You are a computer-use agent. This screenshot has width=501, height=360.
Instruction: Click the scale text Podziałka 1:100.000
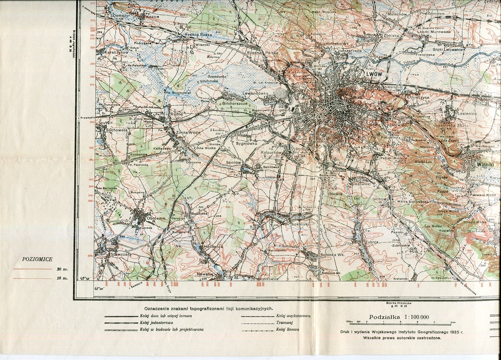[399, 317]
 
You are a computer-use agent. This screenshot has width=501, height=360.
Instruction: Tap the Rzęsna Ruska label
[198, 35]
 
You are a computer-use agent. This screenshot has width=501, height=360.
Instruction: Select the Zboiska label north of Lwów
[392, 36]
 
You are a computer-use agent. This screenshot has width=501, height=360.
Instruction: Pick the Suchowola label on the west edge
[116, 131]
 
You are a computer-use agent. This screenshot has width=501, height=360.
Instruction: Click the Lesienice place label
[467, 113]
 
